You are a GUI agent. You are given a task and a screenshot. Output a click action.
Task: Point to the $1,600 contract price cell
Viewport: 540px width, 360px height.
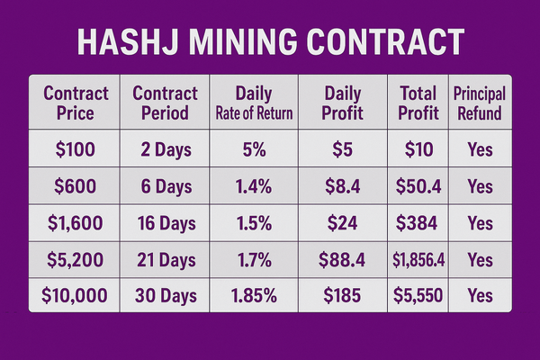tap(76, 223)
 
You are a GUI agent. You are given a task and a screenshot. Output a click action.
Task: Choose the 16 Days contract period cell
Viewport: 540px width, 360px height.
tap(165, 223)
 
